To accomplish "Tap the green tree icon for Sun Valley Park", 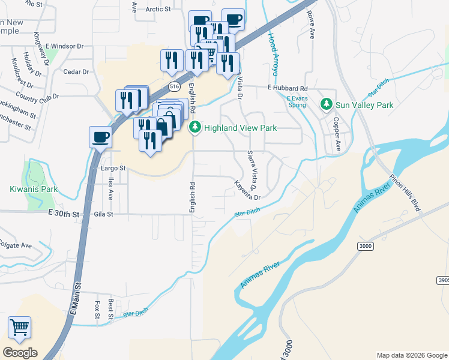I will pyautogui.click(x=327, y=105).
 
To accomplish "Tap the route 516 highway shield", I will pyautogui.click(x=174, y=87).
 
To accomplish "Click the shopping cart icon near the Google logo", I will pyautogui.click(x=19, y=327).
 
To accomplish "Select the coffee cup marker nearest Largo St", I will pyautogui.click(x=100, y=137).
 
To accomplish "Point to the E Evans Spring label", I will pyautogui.click(x=296, y=101).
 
